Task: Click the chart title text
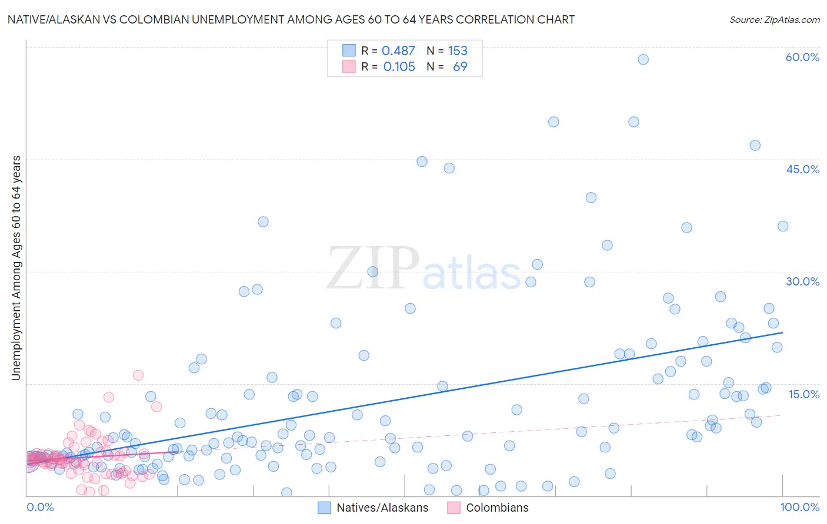(291, 19)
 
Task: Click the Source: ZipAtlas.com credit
(774, 19)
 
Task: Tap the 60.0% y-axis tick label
(802, 57)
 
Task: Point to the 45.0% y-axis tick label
(802, 169)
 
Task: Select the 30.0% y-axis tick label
(802, 281)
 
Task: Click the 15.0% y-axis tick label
(803, 394)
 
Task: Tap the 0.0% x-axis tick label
(40, 507)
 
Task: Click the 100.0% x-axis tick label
(799, 507)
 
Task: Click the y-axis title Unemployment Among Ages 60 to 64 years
(16, 268)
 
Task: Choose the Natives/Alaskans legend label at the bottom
(382, 508)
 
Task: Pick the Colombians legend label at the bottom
(497, 508)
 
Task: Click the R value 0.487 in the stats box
(398, 51)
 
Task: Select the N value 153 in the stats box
(458, 51)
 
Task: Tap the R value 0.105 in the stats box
(399, 67)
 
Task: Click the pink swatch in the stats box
(349, 66)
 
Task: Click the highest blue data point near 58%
(643, 59)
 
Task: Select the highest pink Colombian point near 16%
(138, 375)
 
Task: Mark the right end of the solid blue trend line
(782, 332)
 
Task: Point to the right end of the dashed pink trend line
(781, 415)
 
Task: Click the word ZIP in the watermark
(372, 268)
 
